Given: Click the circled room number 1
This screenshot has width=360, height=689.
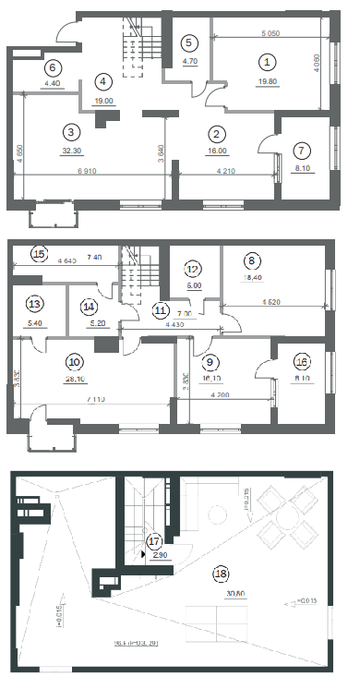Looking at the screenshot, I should [x=267, y=62].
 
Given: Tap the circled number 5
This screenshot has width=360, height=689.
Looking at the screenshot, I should [x=189, y=42].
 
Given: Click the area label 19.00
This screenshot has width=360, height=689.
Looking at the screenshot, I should [x=103, y=101].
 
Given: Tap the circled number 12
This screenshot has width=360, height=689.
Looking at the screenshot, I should [x=193, y=270].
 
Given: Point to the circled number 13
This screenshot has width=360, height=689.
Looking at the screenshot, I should [x=35, y=304].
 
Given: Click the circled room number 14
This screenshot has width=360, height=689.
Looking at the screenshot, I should [x=89, y=306].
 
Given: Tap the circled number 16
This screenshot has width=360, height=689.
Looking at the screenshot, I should [x=301, y=362].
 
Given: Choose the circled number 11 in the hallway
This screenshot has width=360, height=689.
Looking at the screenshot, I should [x=162, y=310].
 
